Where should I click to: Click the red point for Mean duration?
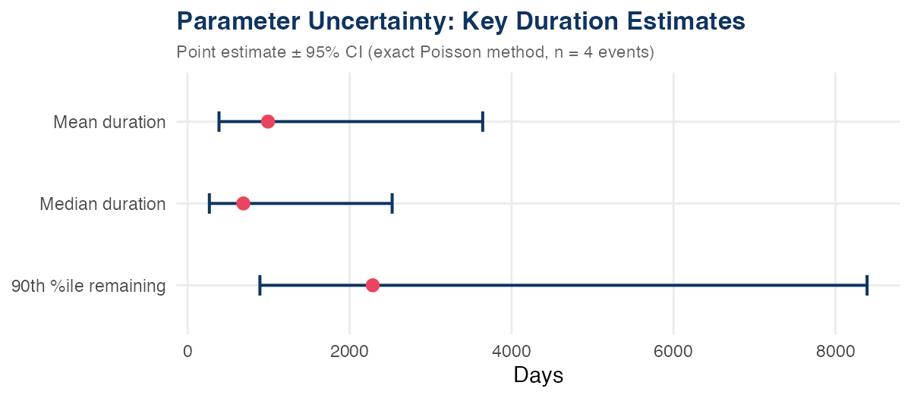click(x=268, y=121)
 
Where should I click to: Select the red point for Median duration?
click(x=243, y=203)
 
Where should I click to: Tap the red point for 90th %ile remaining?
click(x=373, y=285)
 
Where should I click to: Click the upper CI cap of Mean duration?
click(x=483, y=121)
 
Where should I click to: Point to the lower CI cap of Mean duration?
click(x=219, y=121)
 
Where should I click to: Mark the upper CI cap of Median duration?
click(x=392, y=203)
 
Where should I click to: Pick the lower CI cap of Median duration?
click(x=210, y=203)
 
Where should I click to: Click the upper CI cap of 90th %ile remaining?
click(x=867, y=285)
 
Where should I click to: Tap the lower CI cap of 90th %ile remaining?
click(x=260, y=285)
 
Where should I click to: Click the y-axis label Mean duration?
click(x=109, y=122)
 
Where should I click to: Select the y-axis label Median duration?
click(x=102, y=204)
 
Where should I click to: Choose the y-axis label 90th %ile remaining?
click(x=89, y=286)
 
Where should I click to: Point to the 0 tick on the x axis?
click(x=188, y=352)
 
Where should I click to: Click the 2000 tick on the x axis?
click(x=349, y=352)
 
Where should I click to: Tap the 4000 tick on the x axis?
click(x=512, y=352)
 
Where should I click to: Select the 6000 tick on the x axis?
click(x=673, y=352)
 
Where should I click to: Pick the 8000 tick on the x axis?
click(x=835, y=352)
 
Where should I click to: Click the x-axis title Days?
click(x=538, y=375)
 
